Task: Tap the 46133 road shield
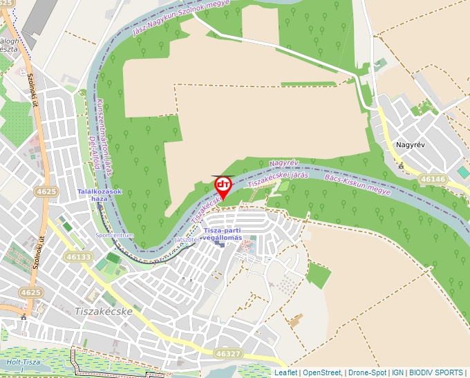(x=79, y=256)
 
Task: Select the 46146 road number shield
(x=433, y=179)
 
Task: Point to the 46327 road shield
(x=229, y=353)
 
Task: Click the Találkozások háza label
(x=100, y=195)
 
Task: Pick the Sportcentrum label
(x=115, y=236)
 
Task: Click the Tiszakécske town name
(x=103, y=312)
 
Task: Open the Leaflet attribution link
(x=286, y=372)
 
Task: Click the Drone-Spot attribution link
(x=366, y=372)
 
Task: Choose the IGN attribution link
(x=397, y=372)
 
